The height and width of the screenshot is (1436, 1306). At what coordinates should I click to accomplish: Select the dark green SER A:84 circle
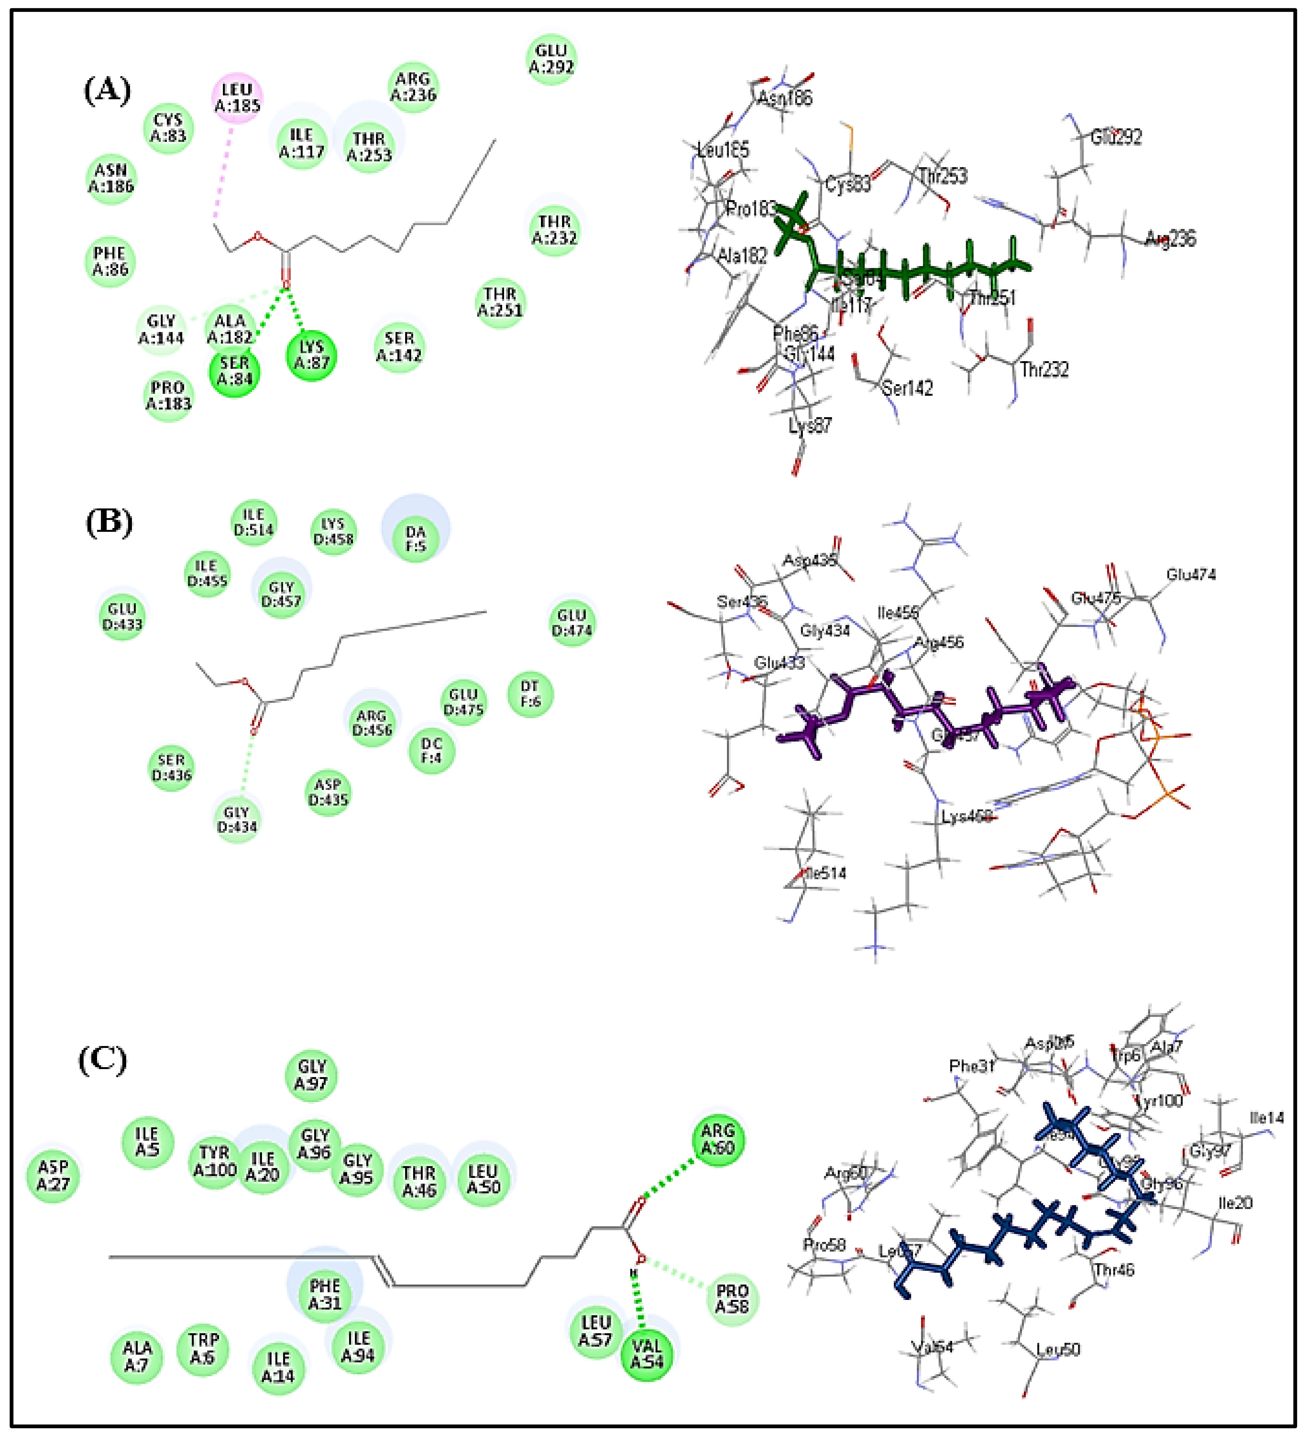click(x=234, y=371)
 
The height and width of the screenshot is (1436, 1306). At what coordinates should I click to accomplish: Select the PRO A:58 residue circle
click(x=732, y=1299)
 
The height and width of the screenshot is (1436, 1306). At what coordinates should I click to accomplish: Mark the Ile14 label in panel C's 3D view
click(x=1267, y=1118)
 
